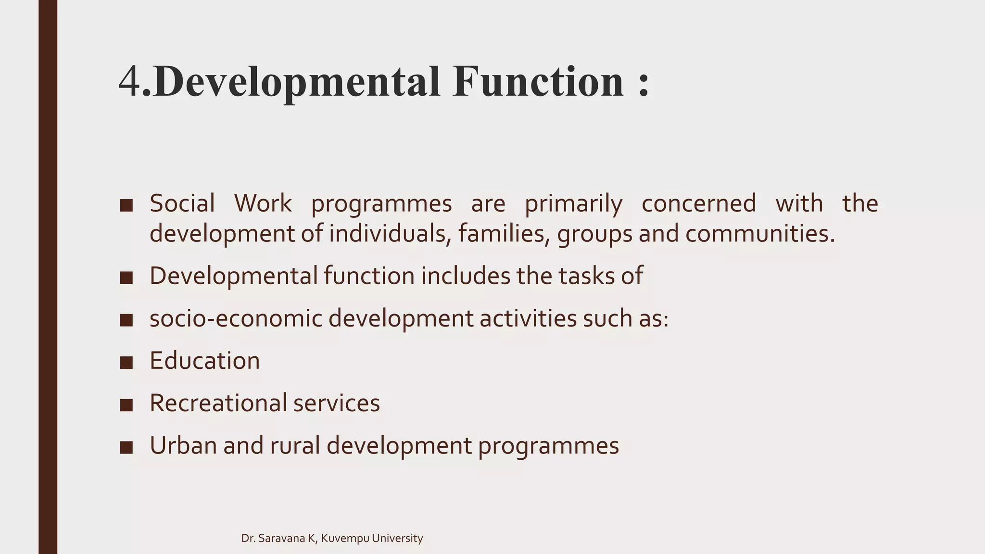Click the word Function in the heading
[538, 82]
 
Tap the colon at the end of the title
[644, 85]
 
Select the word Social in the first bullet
[182, 203]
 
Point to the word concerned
[698, 203]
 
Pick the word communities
[759, 234]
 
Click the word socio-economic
[235, 318]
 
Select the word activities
[528, 318]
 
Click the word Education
[204, 361]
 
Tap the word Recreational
[218, 403]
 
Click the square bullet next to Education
[126, 362]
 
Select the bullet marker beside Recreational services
[126, 404]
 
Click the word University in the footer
[397, 539]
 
